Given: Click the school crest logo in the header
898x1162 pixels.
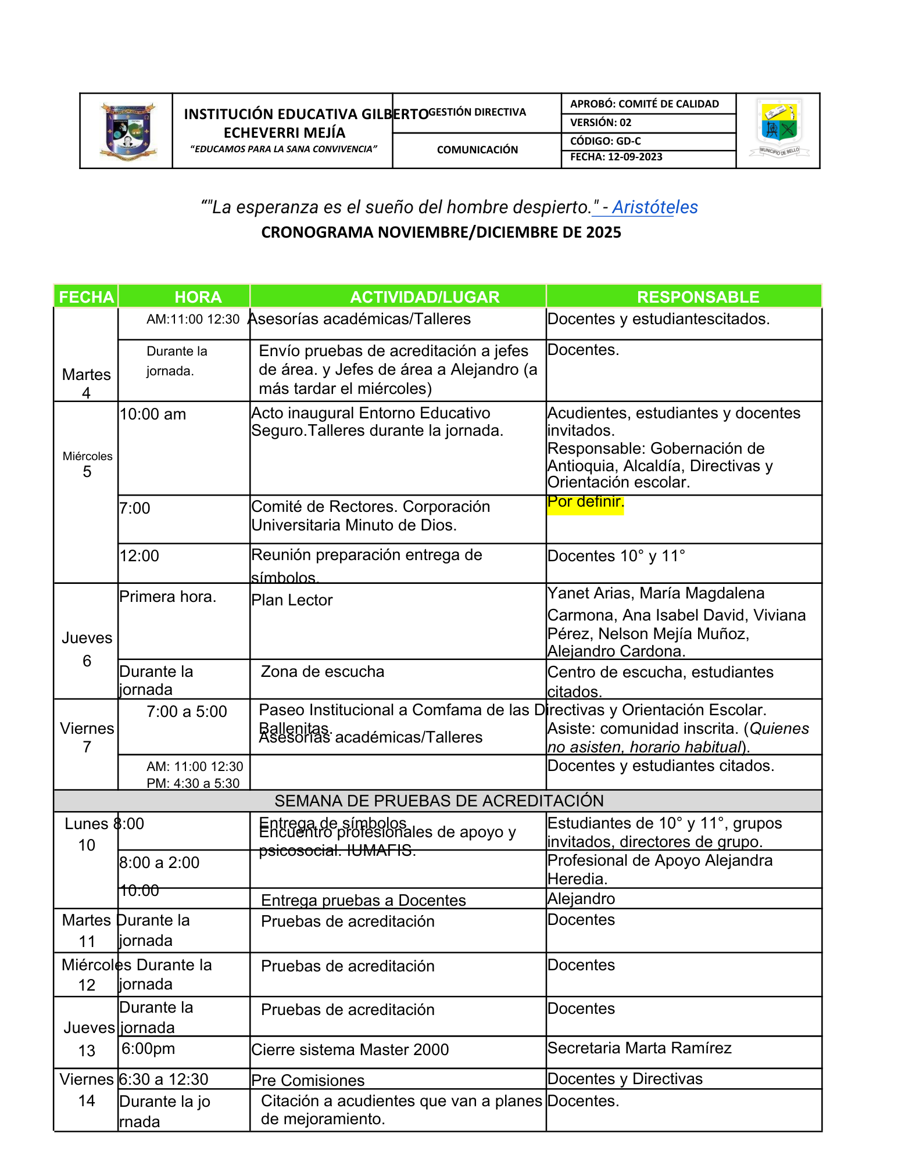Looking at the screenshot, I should click(x=127, y=131).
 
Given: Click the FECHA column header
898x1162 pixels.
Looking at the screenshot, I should click(x=86, y=297).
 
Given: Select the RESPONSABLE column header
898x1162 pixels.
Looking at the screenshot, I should click(x=697, y=297).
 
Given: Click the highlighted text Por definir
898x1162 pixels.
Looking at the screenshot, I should click(x=585, y=502).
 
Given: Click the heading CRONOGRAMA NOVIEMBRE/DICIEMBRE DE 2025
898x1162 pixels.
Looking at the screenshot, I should click(x=441, y=232).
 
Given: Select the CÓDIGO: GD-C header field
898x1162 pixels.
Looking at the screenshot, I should click(x=605, y=141).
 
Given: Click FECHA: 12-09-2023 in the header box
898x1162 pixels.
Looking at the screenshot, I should click(x=616, y=157).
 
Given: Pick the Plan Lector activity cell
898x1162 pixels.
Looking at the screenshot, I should click(x=292, y=600).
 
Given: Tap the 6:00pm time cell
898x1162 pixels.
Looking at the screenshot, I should click(x=148, y=1049).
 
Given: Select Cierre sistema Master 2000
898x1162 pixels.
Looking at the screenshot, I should click(x=350, y=1050).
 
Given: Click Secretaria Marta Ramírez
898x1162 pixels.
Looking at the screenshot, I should click(x=639, y=1048).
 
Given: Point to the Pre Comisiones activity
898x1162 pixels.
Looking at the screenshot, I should click(x=308, y=1081).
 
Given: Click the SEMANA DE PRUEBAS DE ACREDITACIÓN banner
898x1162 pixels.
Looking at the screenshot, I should click(x=439, y=801).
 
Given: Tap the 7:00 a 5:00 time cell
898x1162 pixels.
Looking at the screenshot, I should click(x=187, y=712).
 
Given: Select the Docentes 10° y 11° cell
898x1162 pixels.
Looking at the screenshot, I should click(x=616, y=556).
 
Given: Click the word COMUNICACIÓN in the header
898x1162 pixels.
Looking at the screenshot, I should click(x=477, y=150).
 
